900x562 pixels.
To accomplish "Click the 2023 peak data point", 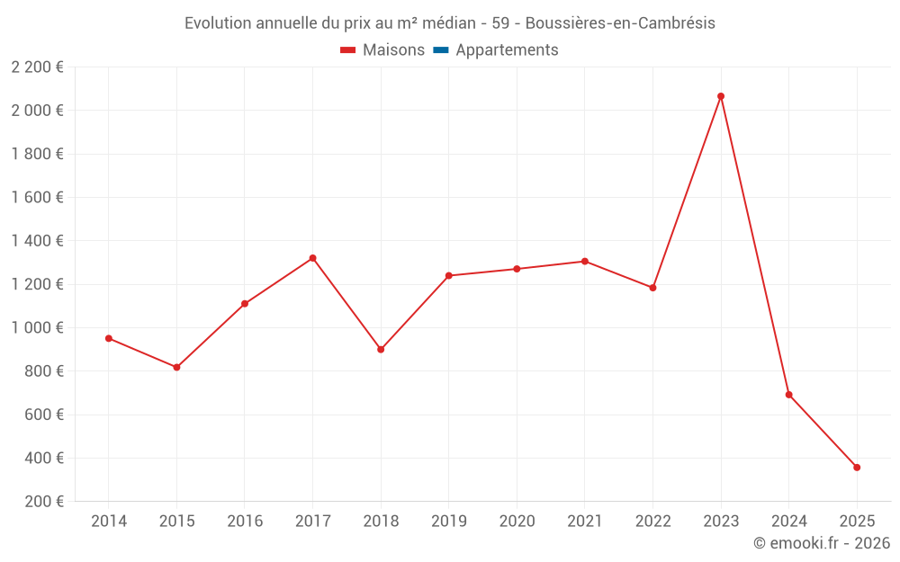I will (721, 96).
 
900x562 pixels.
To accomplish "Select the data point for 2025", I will (857, 468).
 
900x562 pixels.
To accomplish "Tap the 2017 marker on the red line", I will (312, 258).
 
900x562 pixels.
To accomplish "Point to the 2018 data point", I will (381, 350).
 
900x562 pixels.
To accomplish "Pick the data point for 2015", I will (176, 368).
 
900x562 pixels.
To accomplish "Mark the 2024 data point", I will (789, 395).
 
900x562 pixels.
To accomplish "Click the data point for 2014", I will (109, 338).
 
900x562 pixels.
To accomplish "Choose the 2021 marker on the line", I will (585, 262).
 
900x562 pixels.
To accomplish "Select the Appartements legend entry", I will (507, 50).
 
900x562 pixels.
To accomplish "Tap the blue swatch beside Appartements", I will (441, 50).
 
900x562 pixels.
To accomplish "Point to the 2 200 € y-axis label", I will (37, 67).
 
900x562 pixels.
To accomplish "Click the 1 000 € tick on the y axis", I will (37, 328).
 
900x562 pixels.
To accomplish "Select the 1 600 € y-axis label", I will (37, 198).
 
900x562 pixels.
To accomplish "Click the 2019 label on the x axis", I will (449, 522).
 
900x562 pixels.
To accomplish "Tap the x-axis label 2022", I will (653, 522).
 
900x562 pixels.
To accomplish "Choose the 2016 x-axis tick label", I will (245, 522).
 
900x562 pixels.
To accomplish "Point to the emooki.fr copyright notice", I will (822, 543).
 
